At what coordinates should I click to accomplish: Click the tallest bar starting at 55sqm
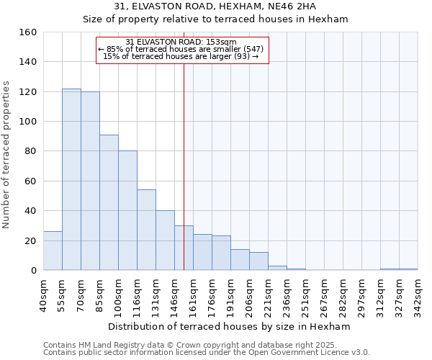click(x=71, y=179)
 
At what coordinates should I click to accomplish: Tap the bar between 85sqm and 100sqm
click(x=109, y=202)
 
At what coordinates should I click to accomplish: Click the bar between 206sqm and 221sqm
click(x=258, y=261)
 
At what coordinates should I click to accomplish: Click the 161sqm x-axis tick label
click(x=193, y=296)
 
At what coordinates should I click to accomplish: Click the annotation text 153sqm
click(x=216, y=42)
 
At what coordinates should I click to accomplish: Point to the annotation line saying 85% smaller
click(x=181, y=49)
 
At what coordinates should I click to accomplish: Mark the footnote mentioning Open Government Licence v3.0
click(x=207, y=352)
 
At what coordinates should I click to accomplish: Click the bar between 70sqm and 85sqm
click(x=90, y=181)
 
